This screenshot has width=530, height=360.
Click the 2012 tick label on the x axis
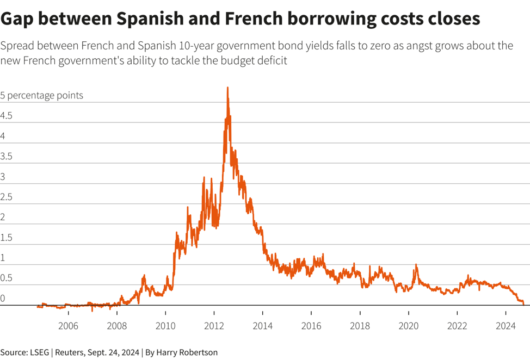[x=214, y=326]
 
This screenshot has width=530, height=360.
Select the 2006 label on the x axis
[x=68, y=326]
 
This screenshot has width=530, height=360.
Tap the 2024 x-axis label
[x=506, y=326]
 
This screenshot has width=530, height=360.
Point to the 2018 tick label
[x=360, y=326]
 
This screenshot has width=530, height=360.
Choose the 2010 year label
[x=165, y=326]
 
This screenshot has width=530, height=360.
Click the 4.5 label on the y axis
[x=7, y=116]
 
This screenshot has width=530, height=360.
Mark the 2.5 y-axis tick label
[x=7, y=197]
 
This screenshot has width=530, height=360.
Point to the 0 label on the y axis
[x=3, y=299]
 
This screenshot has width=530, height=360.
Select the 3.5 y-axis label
[x=7, y=157]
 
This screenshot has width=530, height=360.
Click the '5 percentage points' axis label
[x=42, y=95]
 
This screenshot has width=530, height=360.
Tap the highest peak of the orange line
[x=227, y=88]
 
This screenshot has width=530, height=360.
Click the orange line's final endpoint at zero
[x=523, y=305]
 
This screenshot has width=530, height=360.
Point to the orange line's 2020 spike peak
[x=416, y=265]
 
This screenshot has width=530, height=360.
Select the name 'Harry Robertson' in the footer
[x=187, y=352]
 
